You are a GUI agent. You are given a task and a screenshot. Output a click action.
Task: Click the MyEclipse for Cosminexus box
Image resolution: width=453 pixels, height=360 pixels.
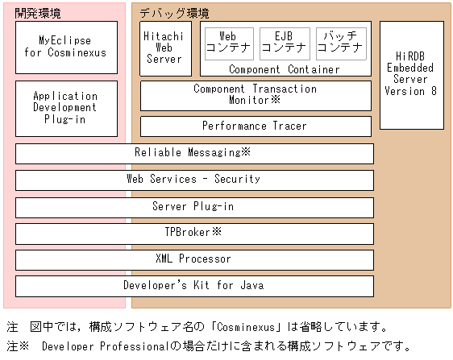65,47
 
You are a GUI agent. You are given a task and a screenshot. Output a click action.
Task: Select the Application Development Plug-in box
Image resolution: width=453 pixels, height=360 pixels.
65,107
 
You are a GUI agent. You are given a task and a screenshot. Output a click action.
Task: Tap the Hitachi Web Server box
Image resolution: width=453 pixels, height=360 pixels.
165,48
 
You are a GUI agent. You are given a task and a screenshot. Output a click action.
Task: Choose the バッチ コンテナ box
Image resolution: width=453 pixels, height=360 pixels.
339,43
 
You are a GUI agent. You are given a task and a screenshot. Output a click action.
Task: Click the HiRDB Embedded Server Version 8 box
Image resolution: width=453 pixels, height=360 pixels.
411,74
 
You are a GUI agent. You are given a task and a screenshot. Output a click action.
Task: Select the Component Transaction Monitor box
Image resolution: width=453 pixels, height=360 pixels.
256,95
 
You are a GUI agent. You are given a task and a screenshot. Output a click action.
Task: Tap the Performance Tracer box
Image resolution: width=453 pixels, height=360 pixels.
256,126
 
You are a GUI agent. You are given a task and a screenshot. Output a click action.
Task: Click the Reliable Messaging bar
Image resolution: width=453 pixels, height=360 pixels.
194,152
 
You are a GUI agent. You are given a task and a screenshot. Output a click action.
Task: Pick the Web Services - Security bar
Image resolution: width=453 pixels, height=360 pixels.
194,180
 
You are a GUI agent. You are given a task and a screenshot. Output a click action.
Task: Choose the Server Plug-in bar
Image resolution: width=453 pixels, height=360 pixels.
194,206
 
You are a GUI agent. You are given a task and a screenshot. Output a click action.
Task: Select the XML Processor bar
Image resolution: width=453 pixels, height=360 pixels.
194,259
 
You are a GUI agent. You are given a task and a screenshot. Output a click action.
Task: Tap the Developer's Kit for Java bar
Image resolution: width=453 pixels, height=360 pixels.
194,285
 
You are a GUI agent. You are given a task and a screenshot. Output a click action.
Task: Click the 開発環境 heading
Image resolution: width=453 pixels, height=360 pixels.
38,13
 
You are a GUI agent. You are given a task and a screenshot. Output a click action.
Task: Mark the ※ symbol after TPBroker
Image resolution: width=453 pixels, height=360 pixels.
216,232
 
